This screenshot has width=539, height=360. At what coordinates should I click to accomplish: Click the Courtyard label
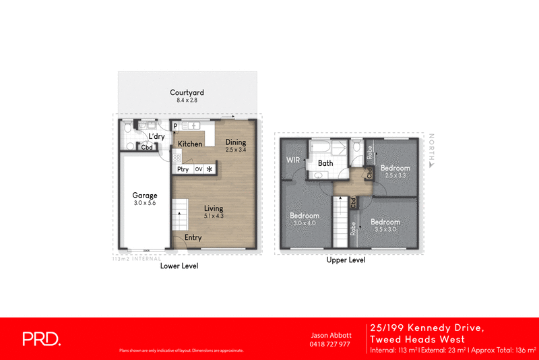(x=187, y=92)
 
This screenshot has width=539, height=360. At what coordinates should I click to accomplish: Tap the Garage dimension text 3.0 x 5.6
(x=145, y=204)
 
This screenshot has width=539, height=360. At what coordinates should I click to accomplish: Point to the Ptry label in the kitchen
(x=183, y=169)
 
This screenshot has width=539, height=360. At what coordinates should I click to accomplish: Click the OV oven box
(x=198, y=169)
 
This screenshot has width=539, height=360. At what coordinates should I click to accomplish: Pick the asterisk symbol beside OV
(x=210, y=169)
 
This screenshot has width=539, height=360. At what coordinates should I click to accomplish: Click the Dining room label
(x=236, y=142)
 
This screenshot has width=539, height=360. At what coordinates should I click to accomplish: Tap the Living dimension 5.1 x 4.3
(x=214, y=216)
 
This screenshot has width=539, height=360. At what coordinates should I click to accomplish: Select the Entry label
(x=193, y=237)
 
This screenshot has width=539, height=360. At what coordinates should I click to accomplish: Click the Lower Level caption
(x=179, y=266)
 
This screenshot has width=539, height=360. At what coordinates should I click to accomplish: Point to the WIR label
(x=292, y=160)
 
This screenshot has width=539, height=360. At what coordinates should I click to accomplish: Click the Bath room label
(x=325, y=163)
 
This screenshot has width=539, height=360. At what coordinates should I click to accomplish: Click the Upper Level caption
(x=346, y=260)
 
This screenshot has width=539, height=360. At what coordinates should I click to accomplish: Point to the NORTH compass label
(x=431, y=148)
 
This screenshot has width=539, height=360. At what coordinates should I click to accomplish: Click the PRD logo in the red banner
(x=42, y=338)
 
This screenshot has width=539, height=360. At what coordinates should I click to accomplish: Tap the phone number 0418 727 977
(x=330, y=344)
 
